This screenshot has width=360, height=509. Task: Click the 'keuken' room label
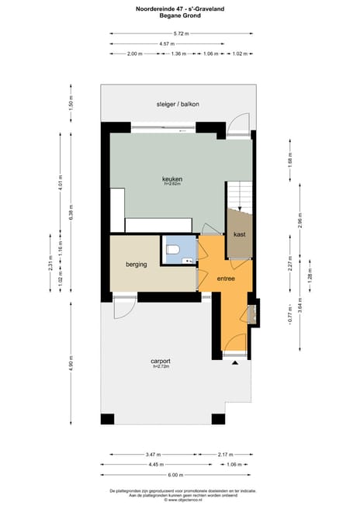(172, 179)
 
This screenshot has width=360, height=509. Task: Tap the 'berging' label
(137, 265)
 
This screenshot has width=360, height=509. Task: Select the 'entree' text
(226, 278)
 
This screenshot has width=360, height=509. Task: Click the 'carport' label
(161, 361)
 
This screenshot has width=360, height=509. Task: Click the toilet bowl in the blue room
(173, 249)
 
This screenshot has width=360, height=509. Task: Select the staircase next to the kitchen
(239, 195)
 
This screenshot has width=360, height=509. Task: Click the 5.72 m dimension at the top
(181, 33)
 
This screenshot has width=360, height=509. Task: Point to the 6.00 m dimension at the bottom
(176, 475)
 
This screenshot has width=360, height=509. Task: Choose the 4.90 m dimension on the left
(71, 364)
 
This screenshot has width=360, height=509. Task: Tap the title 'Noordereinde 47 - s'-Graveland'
(179, 9)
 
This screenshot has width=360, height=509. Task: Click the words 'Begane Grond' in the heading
(179, 16)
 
